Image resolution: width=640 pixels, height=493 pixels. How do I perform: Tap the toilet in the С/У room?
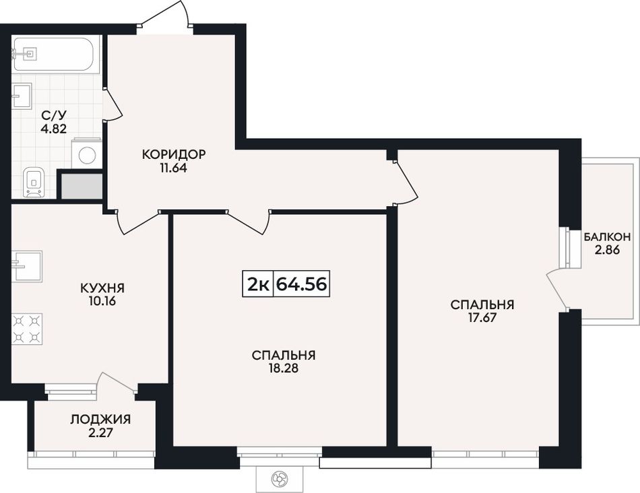point(34,182)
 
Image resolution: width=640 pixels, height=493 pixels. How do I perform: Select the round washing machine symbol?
point(87,155)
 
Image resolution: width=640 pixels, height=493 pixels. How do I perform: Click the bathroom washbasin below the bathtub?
point(22,96)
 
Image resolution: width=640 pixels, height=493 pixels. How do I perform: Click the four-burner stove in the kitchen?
point(27,329)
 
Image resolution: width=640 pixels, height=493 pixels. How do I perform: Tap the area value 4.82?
point(53,129)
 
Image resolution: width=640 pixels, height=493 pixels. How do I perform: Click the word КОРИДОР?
point(174,154)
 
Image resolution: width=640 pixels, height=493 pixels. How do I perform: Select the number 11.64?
point(174,168)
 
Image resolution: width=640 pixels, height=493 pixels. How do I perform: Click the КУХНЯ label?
point(102,288)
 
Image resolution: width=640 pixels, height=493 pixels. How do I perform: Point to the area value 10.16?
point(102,302)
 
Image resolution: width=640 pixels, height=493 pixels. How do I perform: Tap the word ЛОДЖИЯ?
point(100,419)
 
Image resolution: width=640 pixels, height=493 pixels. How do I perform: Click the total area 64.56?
point(302,284)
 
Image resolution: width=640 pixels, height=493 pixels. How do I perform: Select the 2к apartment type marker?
point(258,284)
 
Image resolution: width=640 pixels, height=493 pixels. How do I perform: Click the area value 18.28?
point(284,368)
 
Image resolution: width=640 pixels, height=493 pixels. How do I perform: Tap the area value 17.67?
point(482,317)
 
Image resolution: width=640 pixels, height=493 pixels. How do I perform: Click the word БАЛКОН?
point(608,236)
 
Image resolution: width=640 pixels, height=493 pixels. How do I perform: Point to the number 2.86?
point(608,250)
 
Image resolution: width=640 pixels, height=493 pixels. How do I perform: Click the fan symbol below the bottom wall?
point(280,478)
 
